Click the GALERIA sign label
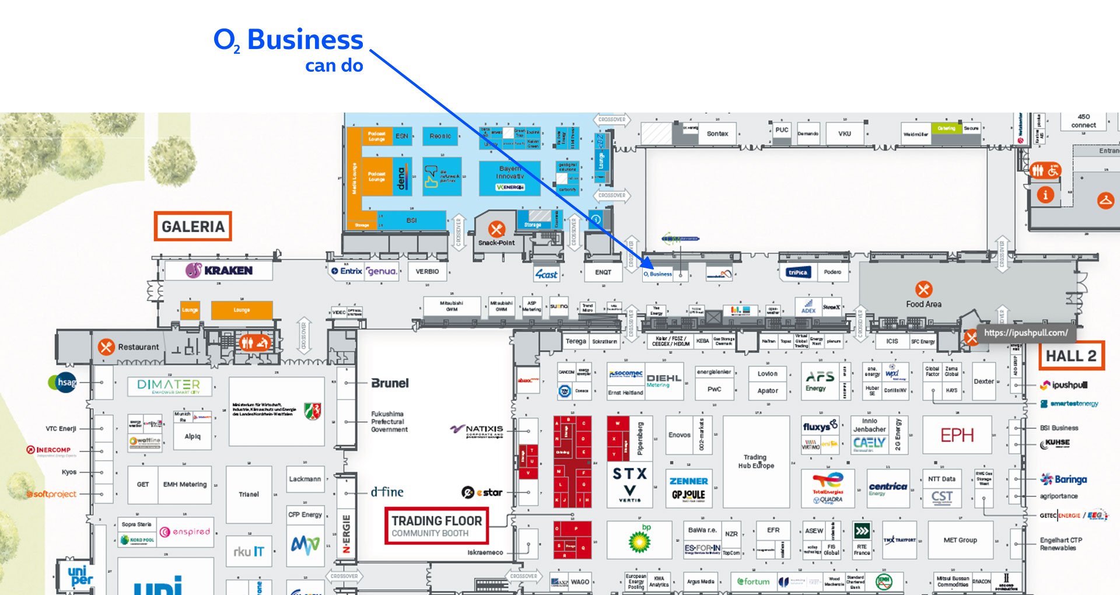click(192, 226)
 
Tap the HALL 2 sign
click(1071, 356)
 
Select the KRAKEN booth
click(219, 271)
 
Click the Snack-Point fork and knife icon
click(496, 229)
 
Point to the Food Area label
click(923, 304)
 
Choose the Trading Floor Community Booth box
click(436, 526)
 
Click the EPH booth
click(957, 435)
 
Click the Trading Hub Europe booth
click(756, 461)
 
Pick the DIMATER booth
click(169, 386)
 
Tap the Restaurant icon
click(106, 347)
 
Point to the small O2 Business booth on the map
click(658, 274)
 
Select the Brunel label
click(390, 383)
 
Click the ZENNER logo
click(688, 481)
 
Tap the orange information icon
click(1045, 195)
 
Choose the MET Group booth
click(960, 540)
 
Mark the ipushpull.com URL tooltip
click(1025, 332)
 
